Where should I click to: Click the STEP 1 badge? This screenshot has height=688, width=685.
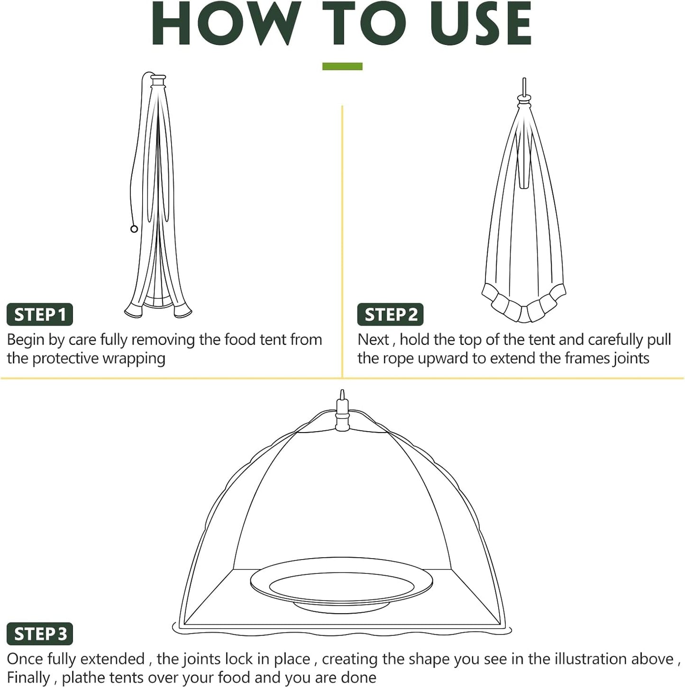coord(40,315)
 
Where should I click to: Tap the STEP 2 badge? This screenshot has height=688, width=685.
coord(390,315)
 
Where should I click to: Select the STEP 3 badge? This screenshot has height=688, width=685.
coord(40,634)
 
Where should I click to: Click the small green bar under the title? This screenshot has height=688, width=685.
coord(342,66)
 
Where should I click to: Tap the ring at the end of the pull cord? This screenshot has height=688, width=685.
coord(134,229)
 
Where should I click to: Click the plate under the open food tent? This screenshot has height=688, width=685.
coord(341,585)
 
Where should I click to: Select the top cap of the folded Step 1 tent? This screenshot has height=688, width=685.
coord(158,78)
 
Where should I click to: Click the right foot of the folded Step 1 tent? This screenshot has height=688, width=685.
coord(183,311)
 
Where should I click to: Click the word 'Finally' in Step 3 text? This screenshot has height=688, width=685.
coord(28,678)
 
